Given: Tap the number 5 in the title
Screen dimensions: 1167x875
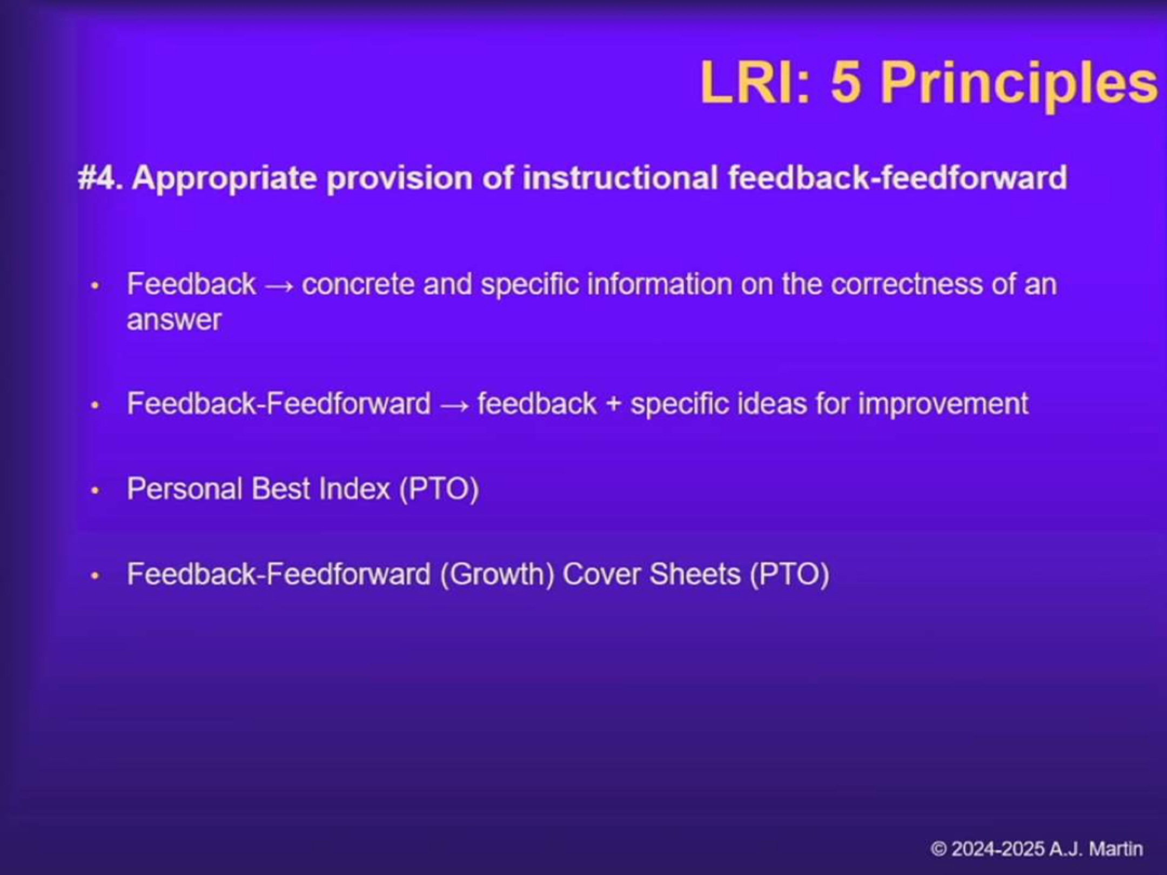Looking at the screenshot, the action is [846, 83].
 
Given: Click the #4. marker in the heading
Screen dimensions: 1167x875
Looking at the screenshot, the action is [99, 178].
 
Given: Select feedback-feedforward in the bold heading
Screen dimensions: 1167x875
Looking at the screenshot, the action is [898, 178].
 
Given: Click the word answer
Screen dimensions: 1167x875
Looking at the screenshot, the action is [174, 321].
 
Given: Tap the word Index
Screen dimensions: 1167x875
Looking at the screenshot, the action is [354, 489].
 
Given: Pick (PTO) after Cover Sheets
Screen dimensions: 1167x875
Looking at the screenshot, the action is [789, 574].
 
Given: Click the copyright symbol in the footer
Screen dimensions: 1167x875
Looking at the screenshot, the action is [939, 849].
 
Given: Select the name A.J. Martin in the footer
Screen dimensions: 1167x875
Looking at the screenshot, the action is [1096, 849].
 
